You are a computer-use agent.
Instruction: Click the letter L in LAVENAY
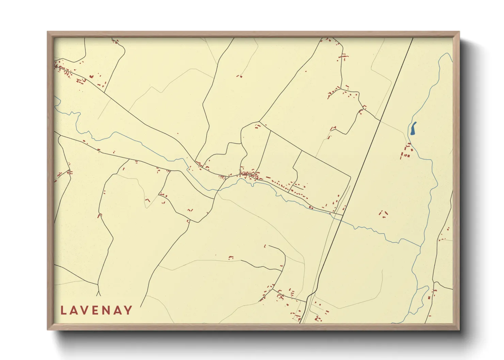(63, 310)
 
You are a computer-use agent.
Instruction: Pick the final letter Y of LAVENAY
(128, 310)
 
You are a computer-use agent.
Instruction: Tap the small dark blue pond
(413, 129)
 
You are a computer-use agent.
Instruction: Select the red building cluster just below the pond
(406, 152)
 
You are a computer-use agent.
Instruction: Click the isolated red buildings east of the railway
(384, 214)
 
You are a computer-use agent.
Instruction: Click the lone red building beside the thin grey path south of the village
(231, 258)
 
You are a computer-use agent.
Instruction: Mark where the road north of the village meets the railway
(380, 120)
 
